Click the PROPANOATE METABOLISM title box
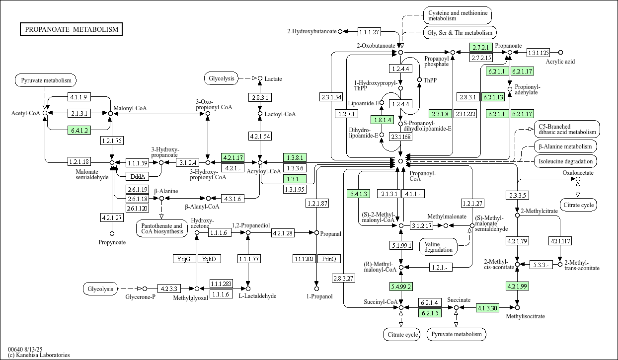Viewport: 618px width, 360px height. pyautogui.click(x=72, y=29)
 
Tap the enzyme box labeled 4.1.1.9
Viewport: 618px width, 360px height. pyautogui.click(x=78, y=97)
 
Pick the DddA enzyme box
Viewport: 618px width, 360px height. pyautogui.click(x=137, y=176)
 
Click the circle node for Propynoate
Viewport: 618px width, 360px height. pyautogui.click(x=112, y=233)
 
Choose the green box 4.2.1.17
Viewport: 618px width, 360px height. pyautogui.click(x=233, y=157)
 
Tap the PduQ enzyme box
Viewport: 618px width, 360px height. pyautogui.click(x=329, y=259)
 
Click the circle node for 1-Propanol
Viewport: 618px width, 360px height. pyautogui.click(x=316, y=288)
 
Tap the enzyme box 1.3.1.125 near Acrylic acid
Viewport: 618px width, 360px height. pyautogui.click(x=539, y=52)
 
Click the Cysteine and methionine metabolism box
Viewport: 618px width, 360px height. pyautogui.click(x=457, y=15)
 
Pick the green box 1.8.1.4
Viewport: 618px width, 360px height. pyautogui.click(x=382, y=120)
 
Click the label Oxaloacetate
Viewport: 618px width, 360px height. pyautogui.click(x=578, y=173)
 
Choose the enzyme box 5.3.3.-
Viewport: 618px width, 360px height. pyautogui.click(x=541, y=265)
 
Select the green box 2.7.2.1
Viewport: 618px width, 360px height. pyautogui.click(x=481, y=47)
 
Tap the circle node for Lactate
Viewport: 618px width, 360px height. pyautogui.click(x=260, y=78)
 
